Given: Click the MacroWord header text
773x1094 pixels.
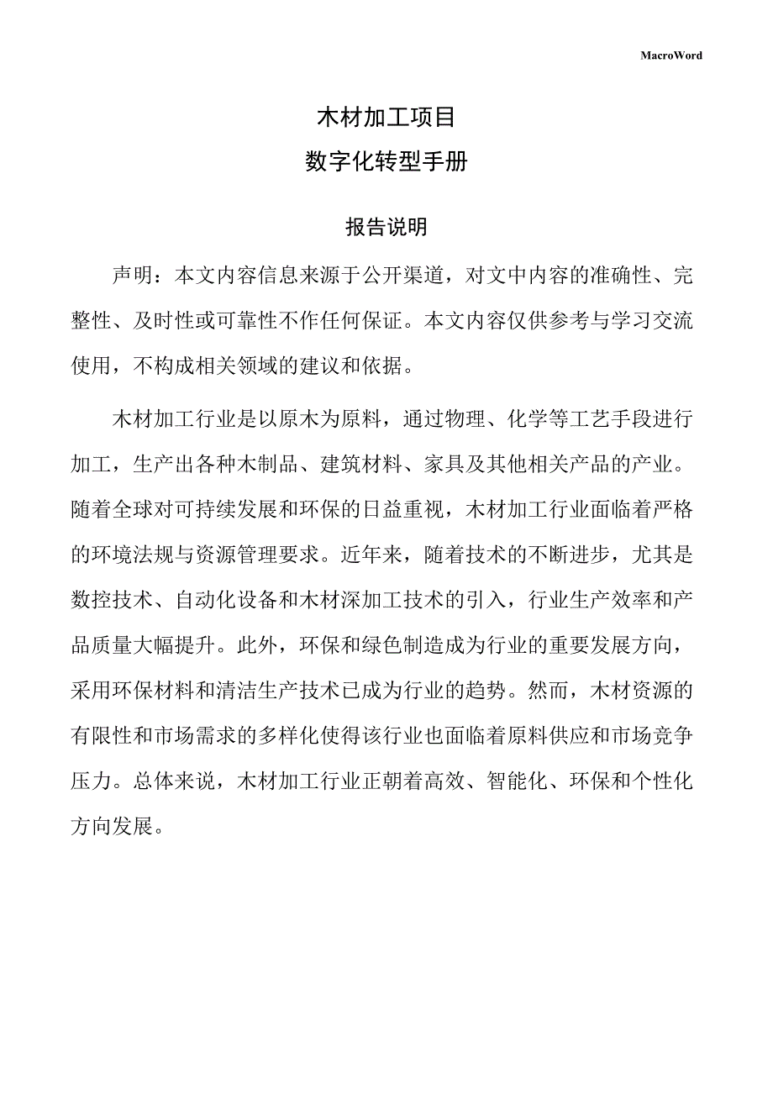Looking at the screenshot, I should coord(670,55).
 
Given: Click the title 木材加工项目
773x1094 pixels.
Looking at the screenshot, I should coord(386,117).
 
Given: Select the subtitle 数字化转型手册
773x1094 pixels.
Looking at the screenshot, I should coord(386,161).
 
